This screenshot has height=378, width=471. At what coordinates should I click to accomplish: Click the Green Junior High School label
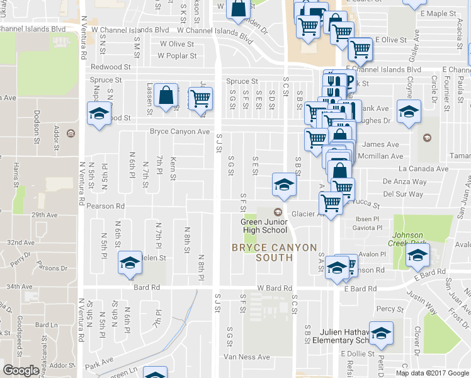[264, 226]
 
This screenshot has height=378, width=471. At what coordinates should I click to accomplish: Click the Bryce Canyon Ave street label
[179, 132]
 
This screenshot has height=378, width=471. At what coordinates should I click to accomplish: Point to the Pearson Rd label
[106, 206]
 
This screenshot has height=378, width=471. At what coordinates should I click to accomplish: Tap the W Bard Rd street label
[275, 288]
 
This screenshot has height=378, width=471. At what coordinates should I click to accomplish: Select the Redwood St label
[110, 66]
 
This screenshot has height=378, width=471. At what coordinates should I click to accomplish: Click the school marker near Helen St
[130, 262]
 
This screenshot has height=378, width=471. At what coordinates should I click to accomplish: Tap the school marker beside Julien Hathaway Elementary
[381, 332]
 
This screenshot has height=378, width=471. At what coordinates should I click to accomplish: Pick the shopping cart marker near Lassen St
[200, 98]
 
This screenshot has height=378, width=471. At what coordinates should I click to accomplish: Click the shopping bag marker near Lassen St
[166, 96]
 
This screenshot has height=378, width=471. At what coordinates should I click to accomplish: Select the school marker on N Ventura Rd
[98, 114]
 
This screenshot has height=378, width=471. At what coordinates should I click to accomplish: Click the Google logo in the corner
[21, 371]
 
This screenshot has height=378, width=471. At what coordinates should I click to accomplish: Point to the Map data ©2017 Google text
[432, 373]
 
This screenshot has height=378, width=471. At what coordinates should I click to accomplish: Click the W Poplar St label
[177, 55]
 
